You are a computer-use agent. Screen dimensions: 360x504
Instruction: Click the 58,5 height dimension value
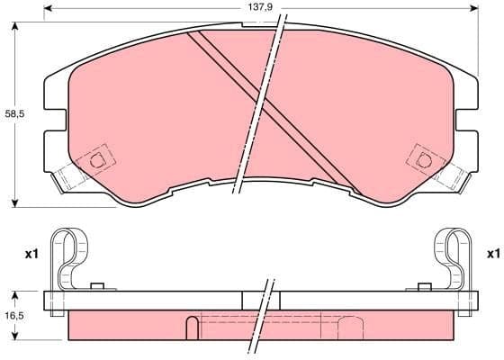pos(13,114)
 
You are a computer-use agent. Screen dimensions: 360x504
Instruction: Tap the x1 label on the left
pos(29,254)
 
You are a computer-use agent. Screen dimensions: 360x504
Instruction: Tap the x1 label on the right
pos(491,254)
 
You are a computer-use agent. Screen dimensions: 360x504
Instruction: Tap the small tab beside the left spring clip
pos(99,287)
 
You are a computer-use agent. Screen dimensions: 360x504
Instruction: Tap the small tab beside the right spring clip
pos(421,287)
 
